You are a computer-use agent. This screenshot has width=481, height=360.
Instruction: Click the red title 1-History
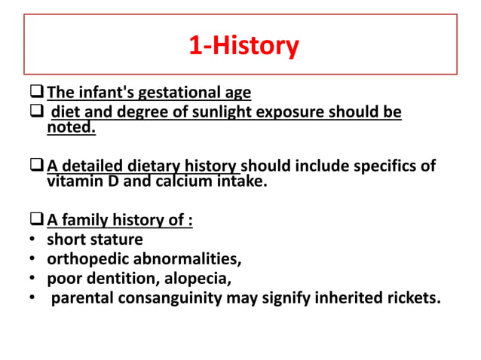(243, 47)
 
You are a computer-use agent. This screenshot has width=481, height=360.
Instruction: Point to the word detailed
(90, 166)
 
